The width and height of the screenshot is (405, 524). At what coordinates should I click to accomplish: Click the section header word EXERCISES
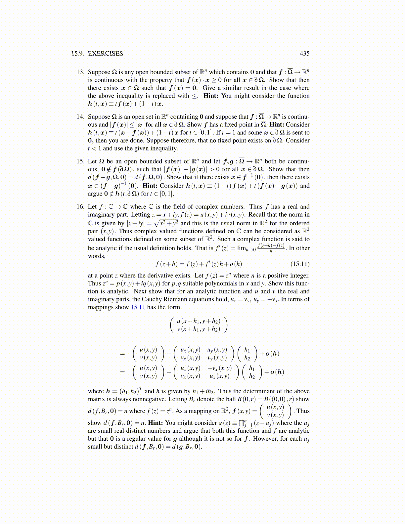pyautogui.click(x=105, y=54)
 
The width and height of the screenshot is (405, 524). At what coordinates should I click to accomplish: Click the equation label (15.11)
pyautogui.click(x=300, y=264)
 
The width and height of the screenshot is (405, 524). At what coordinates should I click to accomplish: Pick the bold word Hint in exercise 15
pyautogui.click(x=150, y=186)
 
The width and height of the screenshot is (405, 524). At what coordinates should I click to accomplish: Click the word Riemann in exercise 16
pyautogui.click(x=175, y=299)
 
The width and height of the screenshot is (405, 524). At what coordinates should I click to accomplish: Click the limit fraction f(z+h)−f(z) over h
pyautogui.click(x=271, y=248)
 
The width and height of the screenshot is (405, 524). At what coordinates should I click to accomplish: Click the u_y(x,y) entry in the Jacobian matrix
pyautogui.click(x=217, y=350)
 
